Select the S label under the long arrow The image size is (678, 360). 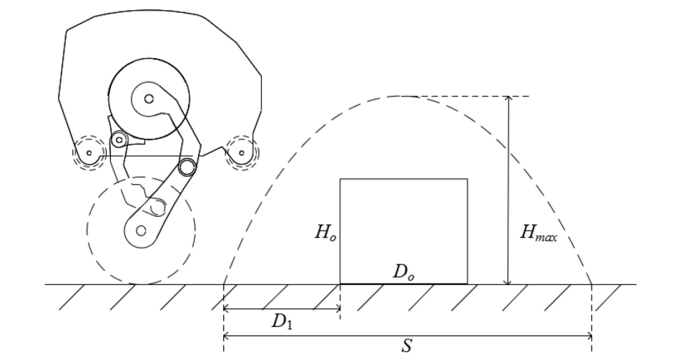click(407, 346)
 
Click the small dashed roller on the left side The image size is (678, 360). click(89, 152)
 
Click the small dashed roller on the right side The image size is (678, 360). click(242, 152)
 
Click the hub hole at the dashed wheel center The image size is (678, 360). click(140, 230)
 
